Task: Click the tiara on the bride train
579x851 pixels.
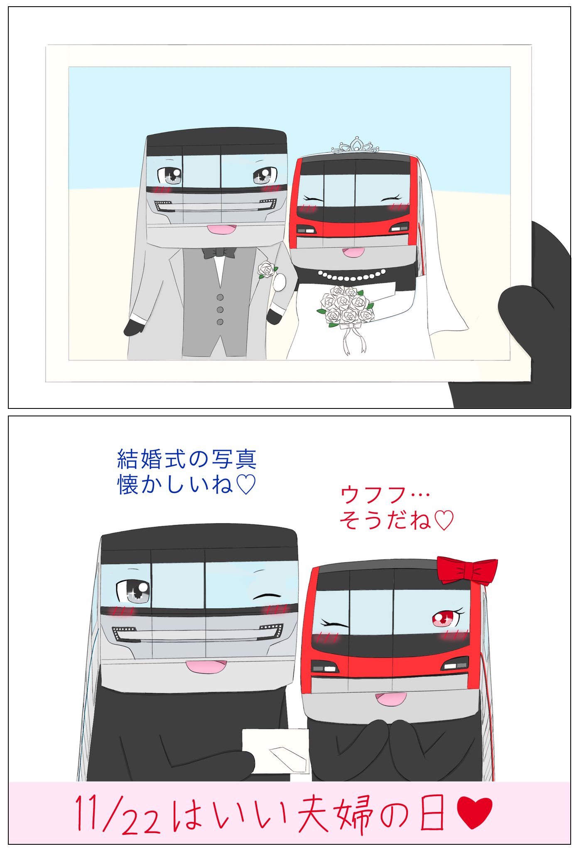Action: click(x=355, y=145)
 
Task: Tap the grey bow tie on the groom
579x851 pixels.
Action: click(x=219, y=252)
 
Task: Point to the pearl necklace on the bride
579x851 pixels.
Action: click(x=351, y=275)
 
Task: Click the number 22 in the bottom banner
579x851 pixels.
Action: click(x=141, y=822)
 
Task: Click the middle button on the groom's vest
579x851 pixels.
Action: click(x=220, y=310)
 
